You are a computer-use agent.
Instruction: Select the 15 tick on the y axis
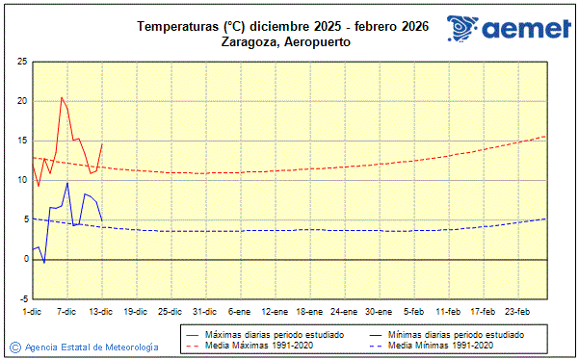[21, 141]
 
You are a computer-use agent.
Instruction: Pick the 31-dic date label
[204, 312]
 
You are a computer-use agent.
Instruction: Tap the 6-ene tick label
[240, 312]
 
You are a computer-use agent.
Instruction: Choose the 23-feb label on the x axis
[518, 312]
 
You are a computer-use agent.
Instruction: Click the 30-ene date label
[379, 312]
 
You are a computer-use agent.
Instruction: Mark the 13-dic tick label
[101, 312]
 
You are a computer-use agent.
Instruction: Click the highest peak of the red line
[62, 97]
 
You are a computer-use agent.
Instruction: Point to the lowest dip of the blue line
[44, 263]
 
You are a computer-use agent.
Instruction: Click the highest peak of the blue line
[67, 183]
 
